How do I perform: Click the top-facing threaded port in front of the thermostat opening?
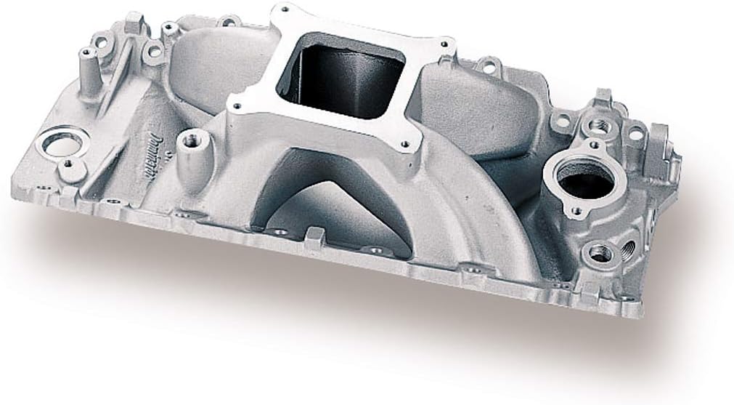point(600,253)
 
